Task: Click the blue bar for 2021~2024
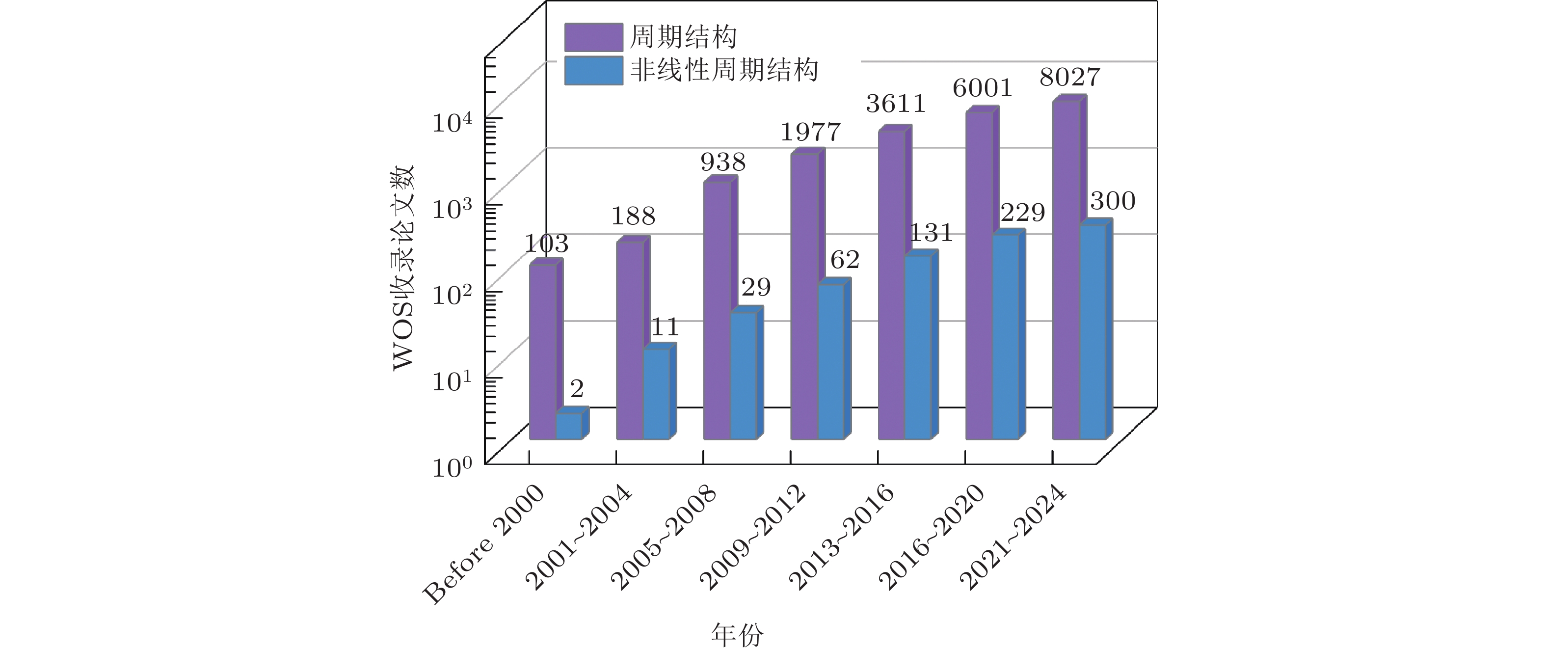(x=1093, y=332)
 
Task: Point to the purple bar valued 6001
(x=978, y=275)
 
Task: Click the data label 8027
(x=1070, y=78)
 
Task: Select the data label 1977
(x=810, y=132)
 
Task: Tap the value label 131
(x=931, y=234)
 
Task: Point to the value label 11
(x=665, y=328)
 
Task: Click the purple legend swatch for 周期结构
(x=593, y=37)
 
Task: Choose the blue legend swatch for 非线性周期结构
(x=593, y=71)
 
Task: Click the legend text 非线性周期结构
(x=724, y=70)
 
